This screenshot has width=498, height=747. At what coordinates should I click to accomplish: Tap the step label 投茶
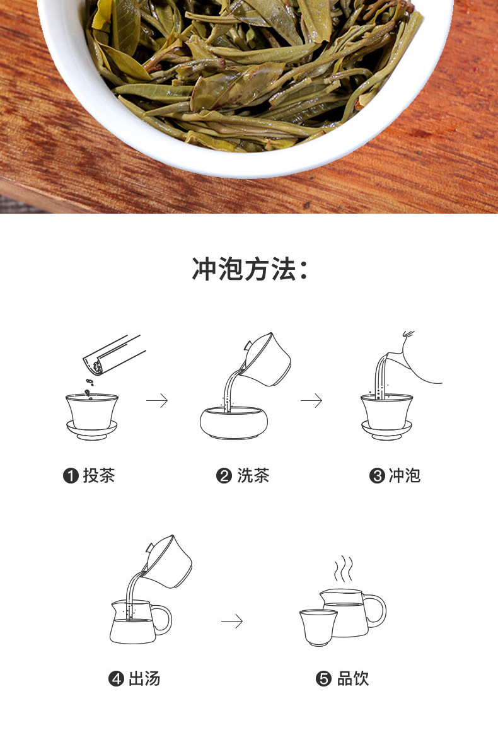[99, 475]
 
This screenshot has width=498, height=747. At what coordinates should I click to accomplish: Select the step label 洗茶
[253, 475]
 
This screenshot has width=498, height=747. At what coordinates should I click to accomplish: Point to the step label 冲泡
[405, 475]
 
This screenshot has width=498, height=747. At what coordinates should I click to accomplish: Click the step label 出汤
[144, 678]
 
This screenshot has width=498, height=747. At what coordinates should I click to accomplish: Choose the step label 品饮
[353, 678]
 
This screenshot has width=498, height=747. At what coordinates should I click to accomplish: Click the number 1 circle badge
[71, 476]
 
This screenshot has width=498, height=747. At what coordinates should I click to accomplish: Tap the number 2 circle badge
[224, 476]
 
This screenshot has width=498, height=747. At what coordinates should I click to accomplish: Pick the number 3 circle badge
[376, 476]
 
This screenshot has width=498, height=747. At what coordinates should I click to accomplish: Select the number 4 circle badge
[116, 679]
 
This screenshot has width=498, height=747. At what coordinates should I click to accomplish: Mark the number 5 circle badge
[323, 679]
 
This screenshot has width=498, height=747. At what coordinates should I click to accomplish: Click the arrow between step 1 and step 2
[156, 400]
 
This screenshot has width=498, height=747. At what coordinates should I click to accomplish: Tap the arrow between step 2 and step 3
[311, 400]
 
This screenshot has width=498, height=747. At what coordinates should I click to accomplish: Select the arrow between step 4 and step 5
[232, 622]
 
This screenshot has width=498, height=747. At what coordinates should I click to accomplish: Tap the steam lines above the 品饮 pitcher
[343, 569]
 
